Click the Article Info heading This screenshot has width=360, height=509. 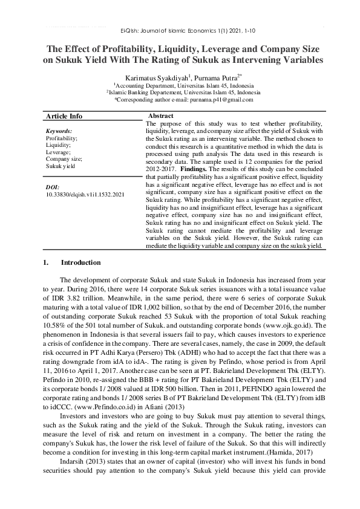pyautogui.click(x=64, y=117)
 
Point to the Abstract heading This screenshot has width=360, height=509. pyautogui.click(x=160, y=115)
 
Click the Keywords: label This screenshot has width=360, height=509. pyautogui.click(x=59, y=131)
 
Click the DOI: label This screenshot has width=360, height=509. pyautogui.click(x=53, y=188)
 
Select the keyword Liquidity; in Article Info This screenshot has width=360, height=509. pyautogui.click(x=58, y=144)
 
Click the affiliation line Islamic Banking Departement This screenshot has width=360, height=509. pyautogui.click(x=180, y=92)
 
